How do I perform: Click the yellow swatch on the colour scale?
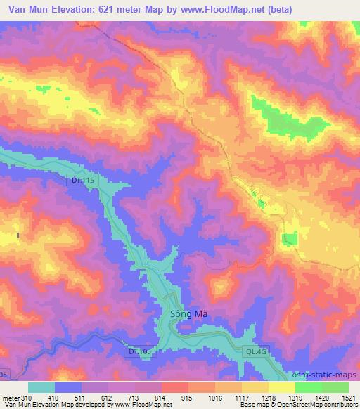(282, 387)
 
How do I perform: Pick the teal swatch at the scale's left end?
(41, 387)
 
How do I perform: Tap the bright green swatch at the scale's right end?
(335, 387)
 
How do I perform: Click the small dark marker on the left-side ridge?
(18, 234)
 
